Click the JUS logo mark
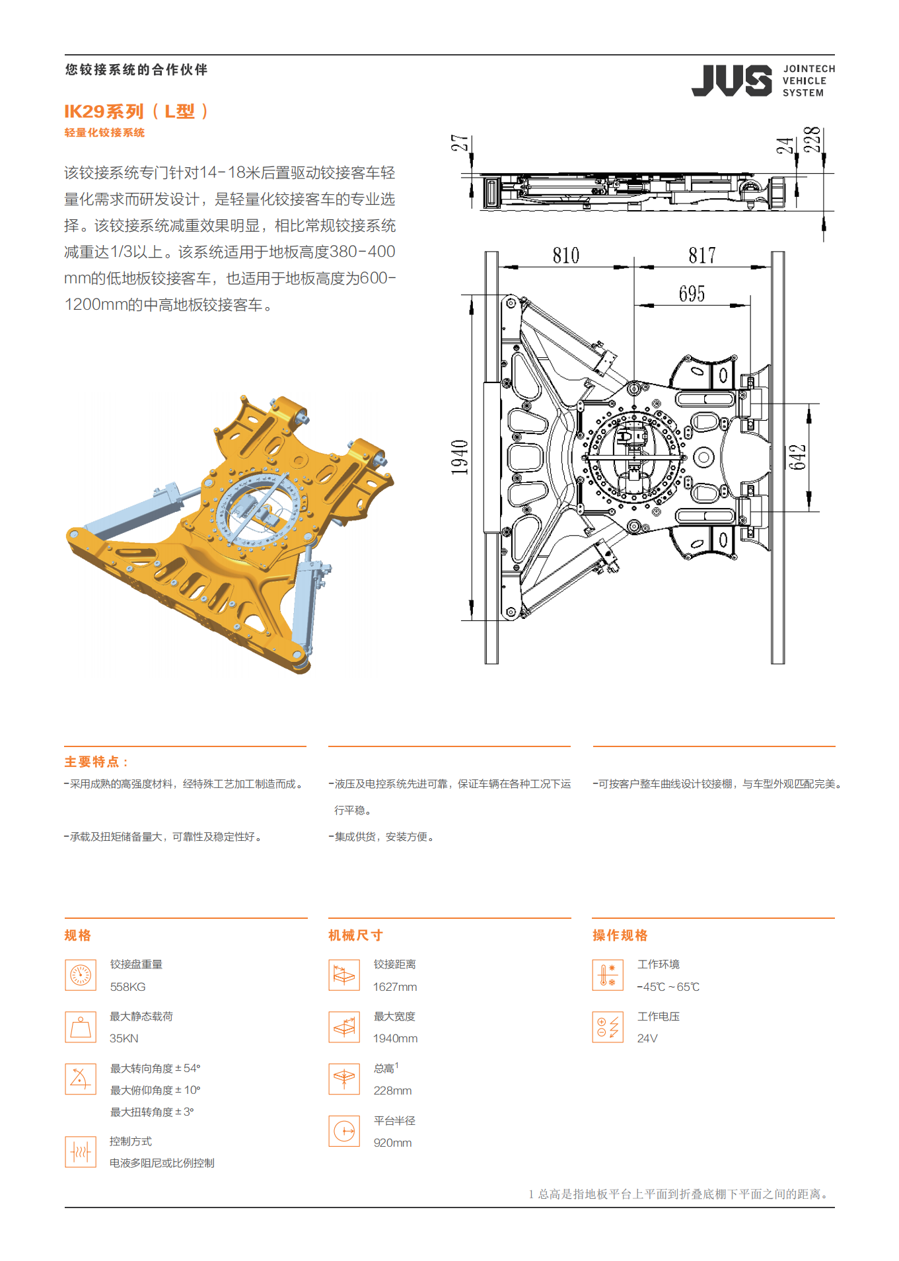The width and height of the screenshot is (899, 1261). point(731,81)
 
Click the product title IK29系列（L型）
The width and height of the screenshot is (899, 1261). point(137,112)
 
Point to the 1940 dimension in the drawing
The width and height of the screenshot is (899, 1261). point(460,457)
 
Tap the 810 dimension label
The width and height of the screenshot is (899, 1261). point(566,256)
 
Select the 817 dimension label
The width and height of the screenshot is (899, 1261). point(702,256)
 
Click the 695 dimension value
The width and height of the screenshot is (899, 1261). point(692,294)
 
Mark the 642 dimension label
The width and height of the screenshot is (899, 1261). point(798,457)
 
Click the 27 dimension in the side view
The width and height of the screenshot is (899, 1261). point(460,143)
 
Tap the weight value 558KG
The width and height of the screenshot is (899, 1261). point(128,987)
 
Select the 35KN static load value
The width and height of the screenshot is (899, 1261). point(124,1038)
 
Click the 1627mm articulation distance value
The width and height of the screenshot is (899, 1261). point(395,987)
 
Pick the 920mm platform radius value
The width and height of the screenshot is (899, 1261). point(392,1143)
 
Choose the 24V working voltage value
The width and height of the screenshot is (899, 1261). point(647,1038)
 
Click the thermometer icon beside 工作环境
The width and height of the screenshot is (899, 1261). point(608,975)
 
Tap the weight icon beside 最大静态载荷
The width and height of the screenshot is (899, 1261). point(81,1027)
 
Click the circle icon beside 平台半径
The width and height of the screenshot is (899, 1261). point(344,1132)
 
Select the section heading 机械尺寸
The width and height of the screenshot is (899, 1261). point(356,935)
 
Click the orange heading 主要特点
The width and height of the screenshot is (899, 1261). point(96,762)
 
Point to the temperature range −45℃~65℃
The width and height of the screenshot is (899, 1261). point(668,987)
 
